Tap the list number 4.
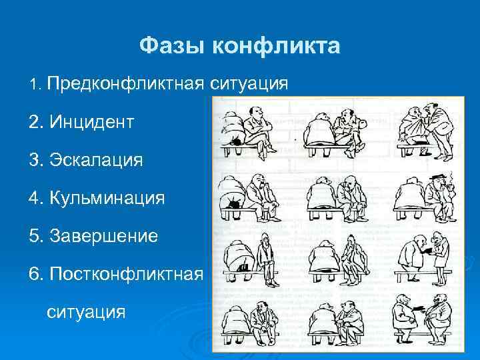point(35,199)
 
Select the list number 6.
point(35,275)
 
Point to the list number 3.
point(35,161)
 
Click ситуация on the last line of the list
point(86,311)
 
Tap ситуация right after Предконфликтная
point(249,84)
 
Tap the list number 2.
point(35,123)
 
